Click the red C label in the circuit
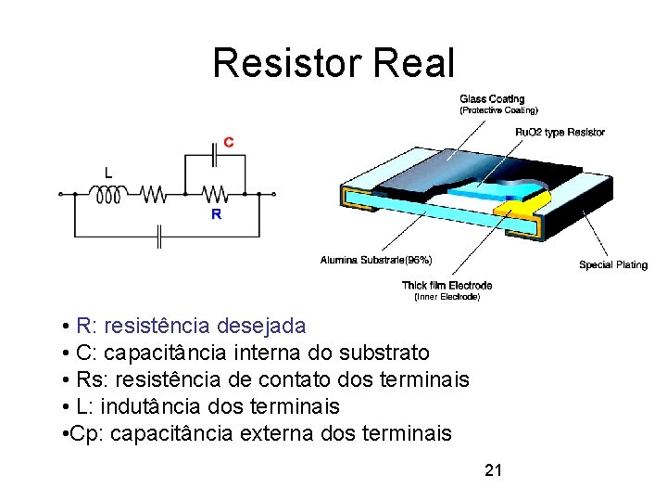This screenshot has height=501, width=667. pyautogui.click(x=228, y=142)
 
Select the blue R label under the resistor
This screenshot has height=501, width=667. pyautogui.click(x=216, y=213)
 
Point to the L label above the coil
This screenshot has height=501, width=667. pyautogui.click(x=109, y=173)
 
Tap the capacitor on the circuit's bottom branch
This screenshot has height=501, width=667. pyautogui.click(x=159, y=238)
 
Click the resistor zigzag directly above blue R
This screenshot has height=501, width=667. pyautogui.click(x=216, y=194)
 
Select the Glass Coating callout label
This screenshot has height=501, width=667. pyautogui.click(x=492, y=99)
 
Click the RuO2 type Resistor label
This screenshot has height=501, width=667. pyautogui.click(x=560, y=132)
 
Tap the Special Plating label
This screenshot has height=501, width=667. pyautogui.click(x=613, y=264)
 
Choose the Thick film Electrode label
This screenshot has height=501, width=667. pyautogui.click(x=447, y=285)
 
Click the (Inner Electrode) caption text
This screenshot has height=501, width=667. pyautogui.click(x=447, y=297)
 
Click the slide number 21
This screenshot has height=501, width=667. pyautogui.click(x=494, y=470)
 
